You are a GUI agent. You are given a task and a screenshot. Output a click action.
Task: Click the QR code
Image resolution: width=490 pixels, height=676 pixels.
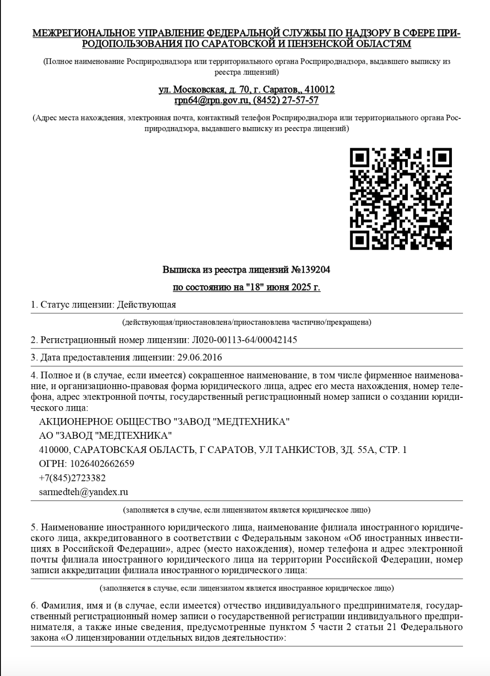pyautogui.click(x=401, y=198)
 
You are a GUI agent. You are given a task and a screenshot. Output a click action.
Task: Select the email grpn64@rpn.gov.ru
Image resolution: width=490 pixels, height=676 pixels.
pyautogui.click(x=212, y=100)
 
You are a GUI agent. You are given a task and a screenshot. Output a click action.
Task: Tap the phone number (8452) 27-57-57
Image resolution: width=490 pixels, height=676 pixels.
pyautogui.click(x=286, y=100)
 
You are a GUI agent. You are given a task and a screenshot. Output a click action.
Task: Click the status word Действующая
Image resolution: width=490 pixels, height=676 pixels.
pyautogui.click(x=146, y=305)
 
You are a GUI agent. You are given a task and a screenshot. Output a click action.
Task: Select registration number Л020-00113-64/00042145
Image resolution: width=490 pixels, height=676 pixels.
pyautogui.click(x=244, y=340)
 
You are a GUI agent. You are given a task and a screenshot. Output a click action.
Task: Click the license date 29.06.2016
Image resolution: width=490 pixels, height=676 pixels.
pyautogui.click(x=200, y=358)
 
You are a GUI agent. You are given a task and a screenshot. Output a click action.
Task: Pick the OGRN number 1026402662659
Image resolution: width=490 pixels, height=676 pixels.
pyautogui.click(x=102, y=464)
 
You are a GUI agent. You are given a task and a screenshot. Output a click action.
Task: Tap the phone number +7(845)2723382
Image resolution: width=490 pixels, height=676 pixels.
pyautogui.click(x=72, y=478)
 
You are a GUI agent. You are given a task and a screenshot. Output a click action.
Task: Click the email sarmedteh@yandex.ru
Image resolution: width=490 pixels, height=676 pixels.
pyautogui.click(x=84, y=492)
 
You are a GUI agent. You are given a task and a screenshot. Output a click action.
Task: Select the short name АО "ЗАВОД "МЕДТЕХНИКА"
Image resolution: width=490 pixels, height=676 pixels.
pyautogui.click(x=106, y=435)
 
